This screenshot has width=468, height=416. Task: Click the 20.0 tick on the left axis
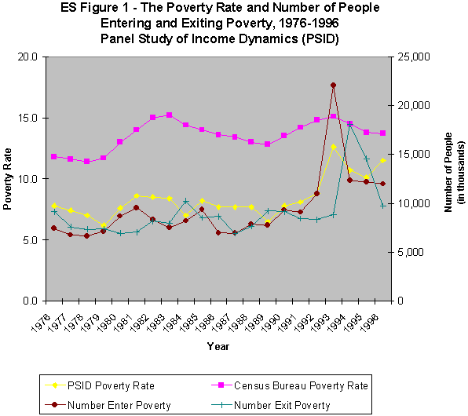click(28, 57)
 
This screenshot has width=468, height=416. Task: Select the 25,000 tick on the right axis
click(413, 57)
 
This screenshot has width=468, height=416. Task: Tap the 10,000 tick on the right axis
click(413, 203)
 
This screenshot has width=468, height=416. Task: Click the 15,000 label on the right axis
click(413, 155)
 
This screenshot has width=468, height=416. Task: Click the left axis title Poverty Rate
click(8, 178)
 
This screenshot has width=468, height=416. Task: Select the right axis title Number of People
click(449, 178)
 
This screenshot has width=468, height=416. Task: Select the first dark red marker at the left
click(53, 228)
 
